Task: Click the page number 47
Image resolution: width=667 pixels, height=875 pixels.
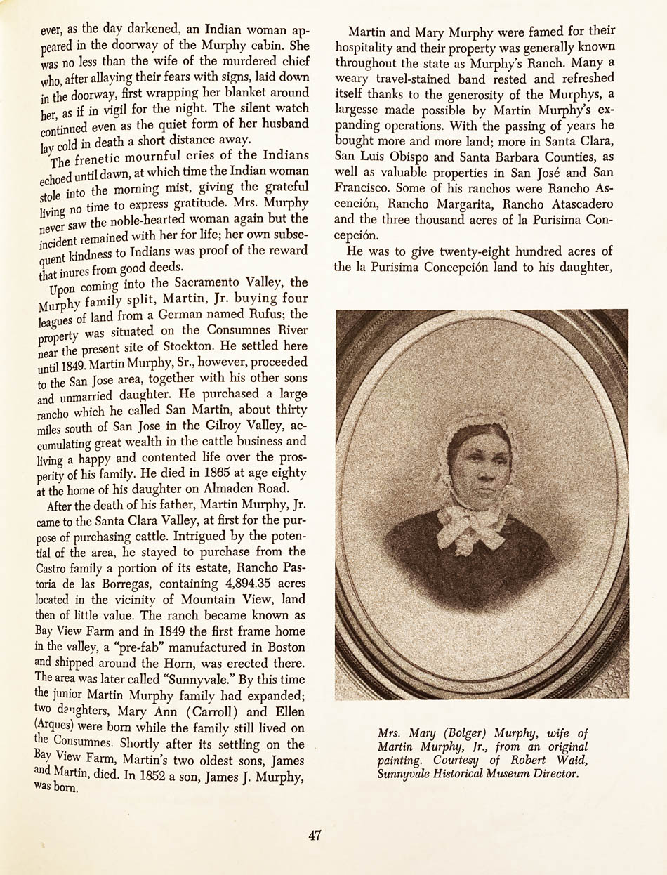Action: pyautogui.click(x=315, y=835)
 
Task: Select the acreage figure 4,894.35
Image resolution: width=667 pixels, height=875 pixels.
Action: pyautogui.click(x=229, y=583)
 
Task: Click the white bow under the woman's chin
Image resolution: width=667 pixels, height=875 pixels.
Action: pyautogui.click(x=473, y=523)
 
